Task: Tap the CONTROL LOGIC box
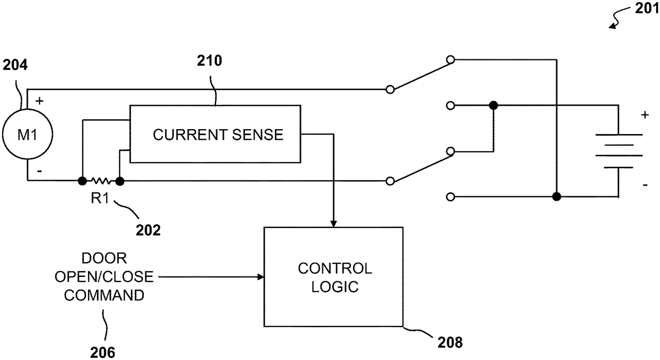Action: pos(334,277)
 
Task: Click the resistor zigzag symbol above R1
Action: pos(101,180)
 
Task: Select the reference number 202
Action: pos(148,230)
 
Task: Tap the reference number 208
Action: pos(450,344)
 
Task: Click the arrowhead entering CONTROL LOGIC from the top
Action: pos(333,223)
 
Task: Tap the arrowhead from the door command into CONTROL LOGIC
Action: pos(260,278)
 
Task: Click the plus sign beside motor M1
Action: pos(39,102)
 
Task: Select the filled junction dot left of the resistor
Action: pos(82,180)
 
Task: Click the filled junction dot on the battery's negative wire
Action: pos(557,196)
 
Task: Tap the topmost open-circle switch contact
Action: pos(450,59)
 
